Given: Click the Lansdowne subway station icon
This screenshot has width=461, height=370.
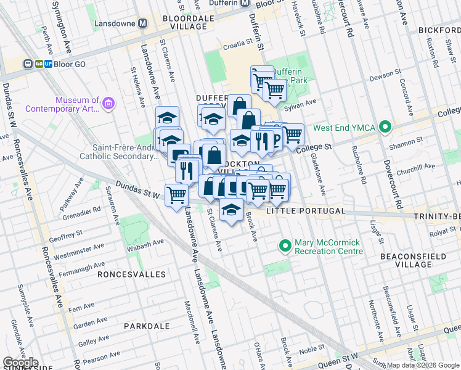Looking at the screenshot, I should point(143,23).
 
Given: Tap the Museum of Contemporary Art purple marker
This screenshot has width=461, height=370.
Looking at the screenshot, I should point(109,104).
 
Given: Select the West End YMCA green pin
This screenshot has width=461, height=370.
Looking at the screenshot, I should point(386,128).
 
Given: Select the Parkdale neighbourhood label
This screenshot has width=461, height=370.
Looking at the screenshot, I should point(147,325).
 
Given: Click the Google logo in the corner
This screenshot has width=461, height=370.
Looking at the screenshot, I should point(20,363).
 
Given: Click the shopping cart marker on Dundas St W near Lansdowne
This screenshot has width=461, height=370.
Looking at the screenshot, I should point(177,194).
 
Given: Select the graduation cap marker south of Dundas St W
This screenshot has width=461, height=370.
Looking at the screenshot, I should point(231,210).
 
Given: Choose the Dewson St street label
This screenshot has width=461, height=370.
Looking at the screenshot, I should point(383,78).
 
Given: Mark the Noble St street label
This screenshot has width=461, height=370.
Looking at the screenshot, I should point(312,350).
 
